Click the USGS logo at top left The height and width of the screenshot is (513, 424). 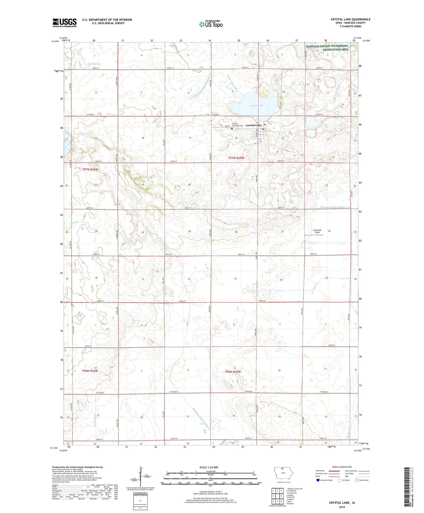click(65, 23)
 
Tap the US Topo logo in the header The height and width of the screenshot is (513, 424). click(210, 24)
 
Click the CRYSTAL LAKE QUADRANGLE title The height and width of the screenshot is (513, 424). click(350, 19)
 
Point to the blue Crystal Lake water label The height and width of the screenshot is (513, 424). click(256, 105)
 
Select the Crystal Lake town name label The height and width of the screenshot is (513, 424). click(253, 125)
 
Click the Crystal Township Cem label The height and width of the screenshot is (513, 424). click(237, 125)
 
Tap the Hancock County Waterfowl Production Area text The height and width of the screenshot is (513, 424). click(327, 48)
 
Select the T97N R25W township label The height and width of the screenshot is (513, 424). click(236, 158)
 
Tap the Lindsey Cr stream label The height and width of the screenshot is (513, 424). click(94, 64)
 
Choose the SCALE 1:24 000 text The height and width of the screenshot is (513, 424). click(209, 467)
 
